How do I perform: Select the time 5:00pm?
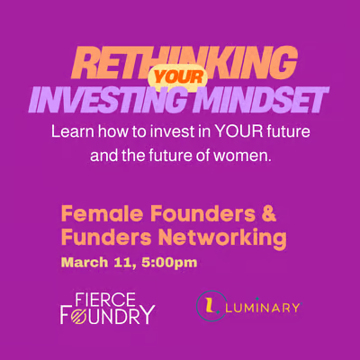(166, 264)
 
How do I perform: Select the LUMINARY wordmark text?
(265, 307)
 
